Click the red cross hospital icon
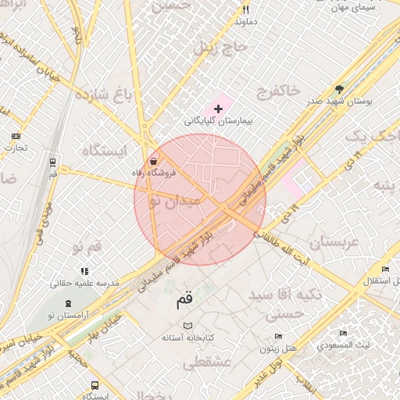[x=217, y=108]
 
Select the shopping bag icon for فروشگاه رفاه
[x=152, y=159]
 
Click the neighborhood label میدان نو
[x=177, y=201]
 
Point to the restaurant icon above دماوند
[x=245, y=10]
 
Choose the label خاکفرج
[x=277, y=92]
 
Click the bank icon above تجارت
[x=16, y=136]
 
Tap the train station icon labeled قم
[x=52, y=163]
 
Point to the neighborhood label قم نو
[x=87, y=247]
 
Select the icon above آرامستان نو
[x=69, y=302]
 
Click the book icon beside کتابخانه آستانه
[x=187, y=326]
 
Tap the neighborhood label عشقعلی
[x=204, y=364]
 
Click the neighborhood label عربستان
[x=334, y=241]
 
